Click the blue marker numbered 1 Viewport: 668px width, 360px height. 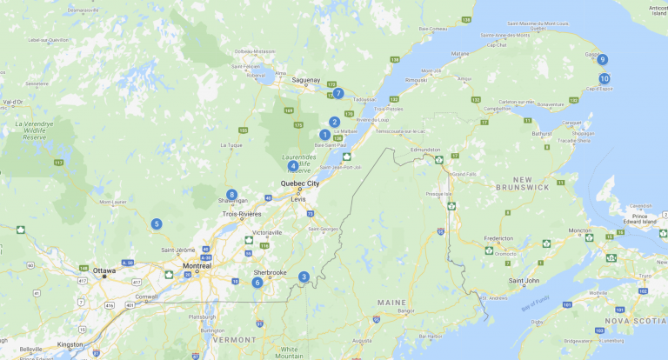(324, 135)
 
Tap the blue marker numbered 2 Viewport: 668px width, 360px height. (334, 122)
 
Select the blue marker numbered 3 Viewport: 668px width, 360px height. (304, 277)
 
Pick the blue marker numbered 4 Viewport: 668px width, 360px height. (292, 165)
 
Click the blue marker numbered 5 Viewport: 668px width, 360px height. (157, 223)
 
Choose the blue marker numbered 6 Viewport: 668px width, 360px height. (257, 282)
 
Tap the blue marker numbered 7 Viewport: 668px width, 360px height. (338, 93)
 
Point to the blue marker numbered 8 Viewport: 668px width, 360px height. (231, 195)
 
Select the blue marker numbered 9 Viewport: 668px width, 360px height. (602, 60)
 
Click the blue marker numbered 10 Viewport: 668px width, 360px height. (605, 78)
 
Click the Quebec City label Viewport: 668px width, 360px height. (300, 183)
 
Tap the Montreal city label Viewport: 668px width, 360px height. (197, 265)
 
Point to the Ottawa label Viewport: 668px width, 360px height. (104, 270)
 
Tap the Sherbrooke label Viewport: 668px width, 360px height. (271, 272)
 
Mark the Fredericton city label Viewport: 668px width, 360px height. (504, 237)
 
